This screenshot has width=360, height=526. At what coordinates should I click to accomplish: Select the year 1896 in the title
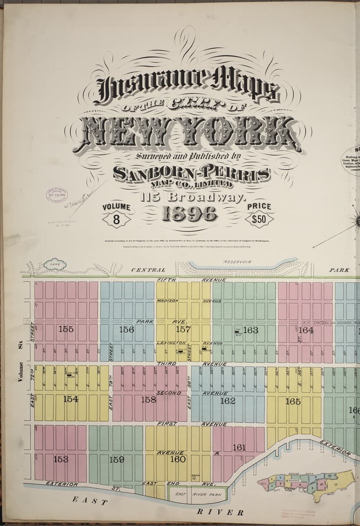[190, 213]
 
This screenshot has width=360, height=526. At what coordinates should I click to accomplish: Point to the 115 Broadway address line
[191, 196]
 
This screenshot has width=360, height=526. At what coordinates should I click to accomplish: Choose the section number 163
[250, 330]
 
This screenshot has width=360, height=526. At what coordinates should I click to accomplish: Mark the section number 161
[239, 448]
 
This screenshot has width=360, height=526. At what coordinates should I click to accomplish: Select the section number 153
[61, 459]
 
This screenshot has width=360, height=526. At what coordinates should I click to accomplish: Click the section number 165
[292, 401]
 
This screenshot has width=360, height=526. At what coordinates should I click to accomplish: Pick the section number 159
[117, 460]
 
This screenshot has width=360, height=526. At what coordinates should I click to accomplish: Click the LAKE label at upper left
[55, 264]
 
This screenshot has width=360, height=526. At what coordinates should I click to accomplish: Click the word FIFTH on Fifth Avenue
[167, 280]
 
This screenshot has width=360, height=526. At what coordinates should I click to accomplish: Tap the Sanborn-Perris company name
[191, 173]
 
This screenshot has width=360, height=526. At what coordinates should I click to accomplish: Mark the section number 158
[149, 399]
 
